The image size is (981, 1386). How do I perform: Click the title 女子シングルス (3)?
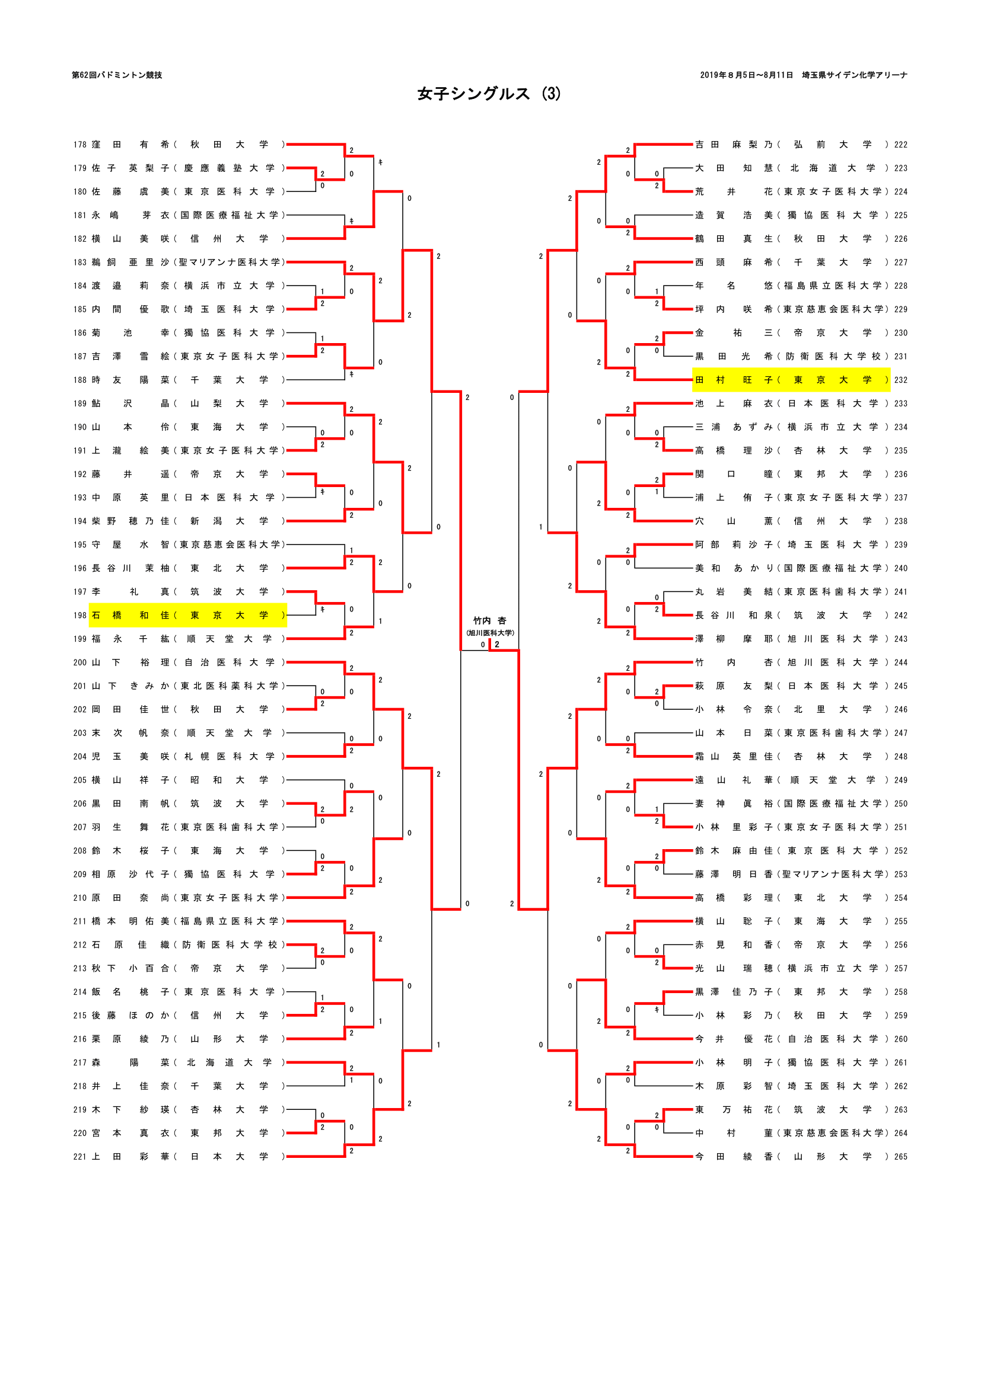click(x=489, y=94)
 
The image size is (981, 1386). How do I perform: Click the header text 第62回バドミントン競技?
click(x=117, y=75)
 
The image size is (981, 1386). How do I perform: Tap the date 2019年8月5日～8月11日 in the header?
click(x=746, y=75)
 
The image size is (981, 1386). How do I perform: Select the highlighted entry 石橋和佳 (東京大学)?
click(x=187, y=615)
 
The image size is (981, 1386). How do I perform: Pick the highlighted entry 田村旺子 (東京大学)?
click(x=791, y=380)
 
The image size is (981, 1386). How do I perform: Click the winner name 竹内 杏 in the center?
click(x=489, y=620)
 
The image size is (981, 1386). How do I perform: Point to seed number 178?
click(x=79, y=145)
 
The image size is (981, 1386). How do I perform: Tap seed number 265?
click(x=901, y=1157)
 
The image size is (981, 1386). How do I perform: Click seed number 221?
click(x=79, y=1157)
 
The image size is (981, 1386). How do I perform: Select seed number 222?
click(x=901, y=145)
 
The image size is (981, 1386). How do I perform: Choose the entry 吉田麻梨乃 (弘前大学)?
click(x=791, y=145)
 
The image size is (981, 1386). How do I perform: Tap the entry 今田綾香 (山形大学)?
click(x=791, y=1157)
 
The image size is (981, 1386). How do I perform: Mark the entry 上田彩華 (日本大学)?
click(x=187, y=1157)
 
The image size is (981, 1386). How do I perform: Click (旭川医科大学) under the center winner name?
click(x=489, y=633)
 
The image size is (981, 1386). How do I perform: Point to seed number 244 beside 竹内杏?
click(x=901, y=662)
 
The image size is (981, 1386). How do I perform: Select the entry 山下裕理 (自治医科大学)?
click(x=187, y=662)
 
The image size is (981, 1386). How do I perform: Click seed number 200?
click(x=79, y=662)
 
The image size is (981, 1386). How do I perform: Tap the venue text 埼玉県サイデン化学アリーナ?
click(x=854, y=75)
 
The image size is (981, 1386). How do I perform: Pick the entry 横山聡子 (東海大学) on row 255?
click(x=791, y=921)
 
